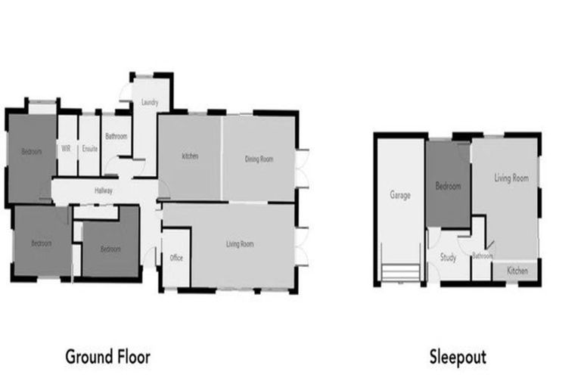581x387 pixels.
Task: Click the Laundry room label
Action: (149, 102)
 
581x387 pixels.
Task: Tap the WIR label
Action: (67, 148)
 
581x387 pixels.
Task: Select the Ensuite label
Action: (90, 148)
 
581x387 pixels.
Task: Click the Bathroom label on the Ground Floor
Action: (117, 137)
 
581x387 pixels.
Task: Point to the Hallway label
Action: (104, 190)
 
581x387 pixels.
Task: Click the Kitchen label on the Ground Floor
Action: (189, 156)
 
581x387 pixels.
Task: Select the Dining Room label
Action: (259, 159)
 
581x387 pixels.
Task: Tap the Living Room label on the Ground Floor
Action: (240, 244)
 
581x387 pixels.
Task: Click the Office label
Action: (176, 258)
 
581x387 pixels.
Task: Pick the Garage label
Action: (400, 195)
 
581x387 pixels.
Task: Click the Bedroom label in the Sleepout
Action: (447, 184)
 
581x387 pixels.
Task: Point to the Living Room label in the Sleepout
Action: (511, 178)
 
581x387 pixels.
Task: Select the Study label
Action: (448, 257)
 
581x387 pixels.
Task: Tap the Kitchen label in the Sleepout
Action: (517, 271)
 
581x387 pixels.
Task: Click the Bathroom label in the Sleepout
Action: (482, 255)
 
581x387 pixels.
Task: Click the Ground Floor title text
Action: (107, 356)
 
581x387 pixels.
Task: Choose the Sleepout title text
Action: (458, 356)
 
